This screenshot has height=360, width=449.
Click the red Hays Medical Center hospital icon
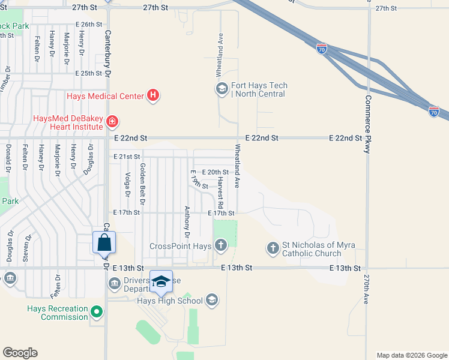point(154,95)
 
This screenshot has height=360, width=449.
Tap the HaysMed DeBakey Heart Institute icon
point(112,122)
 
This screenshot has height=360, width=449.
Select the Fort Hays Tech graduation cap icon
point(221,89)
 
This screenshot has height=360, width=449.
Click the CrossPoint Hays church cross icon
point(221,245)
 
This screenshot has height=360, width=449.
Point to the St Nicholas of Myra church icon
point(273,248)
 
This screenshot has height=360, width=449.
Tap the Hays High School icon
point(211,300)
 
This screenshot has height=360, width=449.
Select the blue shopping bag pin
point(104,242)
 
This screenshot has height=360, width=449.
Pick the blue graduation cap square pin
point(161,281)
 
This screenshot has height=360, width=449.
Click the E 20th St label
point(215,172)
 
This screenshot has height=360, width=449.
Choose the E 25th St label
point(89,73)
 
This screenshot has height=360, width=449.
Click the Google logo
point(20,353)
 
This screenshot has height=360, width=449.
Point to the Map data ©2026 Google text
point(411,355)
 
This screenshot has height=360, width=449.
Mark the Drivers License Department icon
point(115,283)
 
